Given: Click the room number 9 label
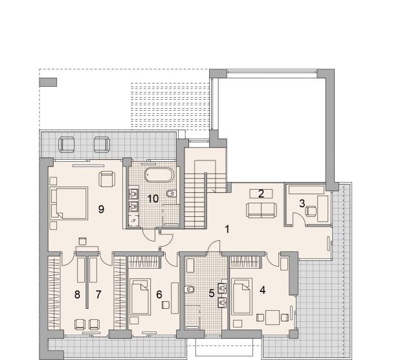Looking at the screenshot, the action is click(x=101, y=209).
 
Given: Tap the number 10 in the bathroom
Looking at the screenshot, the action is click(x=153, y=199).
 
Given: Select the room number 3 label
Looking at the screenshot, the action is click(x=302, y=203).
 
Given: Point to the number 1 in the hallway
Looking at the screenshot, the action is click(x=227, y=229).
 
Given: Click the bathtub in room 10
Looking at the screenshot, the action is click(x=159, y=175).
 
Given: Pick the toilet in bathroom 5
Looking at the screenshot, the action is click(x=190, y=290).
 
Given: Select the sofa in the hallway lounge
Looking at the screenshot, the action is click(x=262, y=210).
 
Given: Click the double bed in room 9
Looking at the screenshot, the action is click(x=69, y=203).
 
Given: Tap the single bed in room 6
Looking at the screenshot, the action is click(x=140, y=297).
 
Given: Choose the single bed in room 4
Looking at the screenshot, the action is click(x=241, y=296).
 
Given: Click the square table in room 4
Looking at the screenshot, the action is click(x=273, y=317).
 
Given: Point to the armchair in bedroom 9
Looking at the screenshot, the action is click(x=107, y=179).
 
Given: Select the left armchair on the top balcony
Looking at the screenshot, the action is click(x=67, y=144).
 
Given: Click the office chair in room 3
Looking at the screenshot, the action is click(x=311, y=211).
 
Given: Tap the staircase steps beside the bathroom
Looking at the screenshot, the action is click(x=195, y=200).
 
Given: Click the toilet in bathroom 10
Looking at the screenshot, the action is click(x=172, y=194).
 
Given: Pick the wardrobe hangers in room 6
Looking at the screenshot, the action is click(x=144, y=262).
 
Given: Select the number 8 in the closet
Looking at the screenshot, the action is click(x=77, y=295).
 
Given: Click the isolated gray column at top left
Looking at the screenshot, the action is click(x=48, y=82).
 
